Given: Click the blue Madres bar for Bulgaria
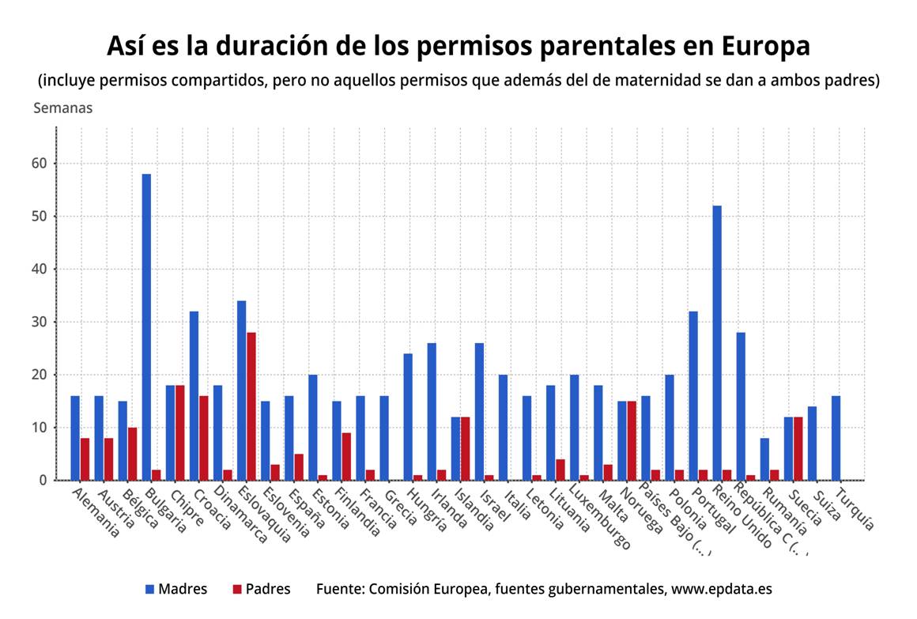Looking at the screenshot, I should click(x=146, y=326).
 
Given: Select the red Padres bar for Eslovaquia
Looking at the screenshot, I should click(x=251, y=406).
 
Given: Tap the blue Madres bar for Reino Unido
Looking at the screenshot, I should click(x=717, y=342).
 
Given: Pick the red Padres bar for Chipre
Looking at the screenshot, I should click(x=179, y=432).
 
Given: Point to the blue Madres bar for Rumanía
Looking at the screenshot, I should click(x=764, y=459).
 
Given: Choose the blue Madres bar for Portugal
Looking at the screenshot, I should click(x=693, y=395).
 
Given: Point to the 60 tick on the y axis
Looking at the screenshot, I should click(x=40, y=164).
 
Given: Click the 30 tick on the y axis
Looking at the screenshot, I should click(x=40, y=322).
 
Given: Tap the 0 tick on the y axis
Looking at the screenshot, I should click(x=43, y=480).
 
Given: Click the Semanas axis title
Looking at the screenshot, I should click(x=62, y=108).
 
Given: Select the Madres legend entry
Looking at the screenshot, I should click(x=175, y=589).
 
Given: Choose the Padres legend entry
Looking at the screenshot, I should click(x=261, y=589).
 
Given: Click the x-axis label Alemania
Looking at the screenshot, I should click(x=96, y=512).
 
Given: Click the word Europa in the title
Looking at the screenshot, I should click(x=766, y=46).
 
